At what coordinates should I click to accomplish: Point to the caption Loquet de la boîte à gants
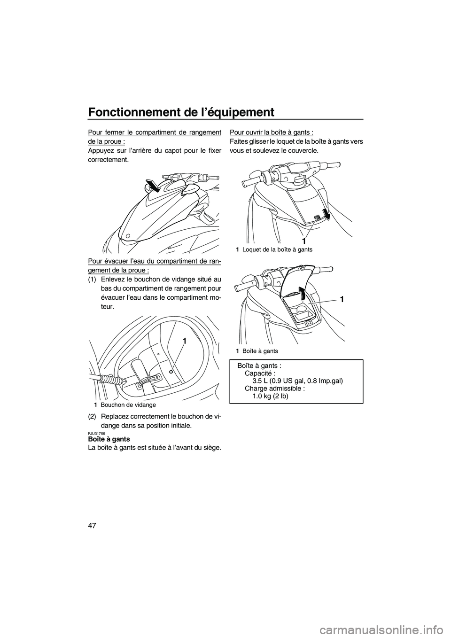click(x=277, y=250)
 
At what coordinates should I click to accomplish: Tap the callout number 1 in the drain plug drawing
click(x=185, y=342)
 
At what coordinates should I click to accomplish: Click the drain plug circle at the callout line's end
click(x=171, y=371)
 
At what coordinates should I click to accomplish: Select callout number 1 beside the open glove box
click(x=342, y=299)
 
